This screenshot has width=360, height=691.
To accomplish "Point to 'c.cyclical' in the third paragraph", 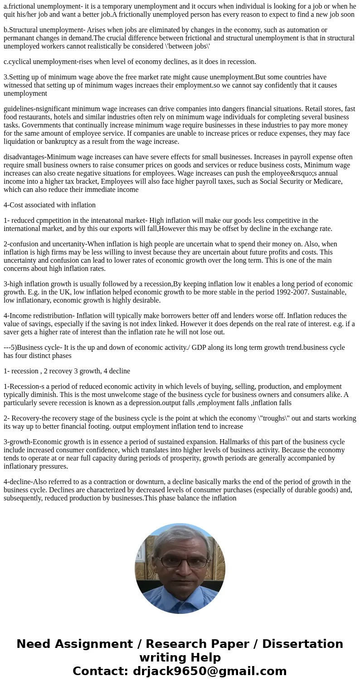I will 18,61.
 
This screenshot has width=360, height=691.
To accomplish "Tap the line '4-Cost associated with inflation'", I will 50,205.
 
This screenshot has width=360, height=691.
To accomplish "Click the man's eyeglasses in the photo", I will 184,562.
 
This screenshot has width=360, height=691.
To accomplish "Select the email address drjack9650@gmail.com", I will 209,671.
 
